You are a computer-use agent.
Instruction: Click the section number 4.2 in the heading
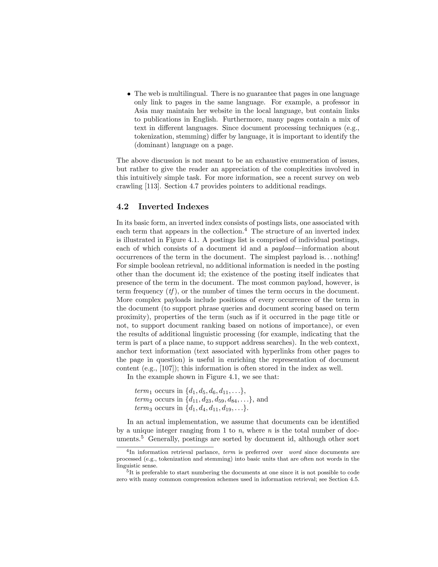click(123, 207)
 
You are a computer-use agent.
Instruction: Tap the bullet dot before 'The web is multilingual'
click(129, 94)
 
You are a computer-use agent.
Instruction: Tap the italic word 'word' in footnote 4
click(295, 452)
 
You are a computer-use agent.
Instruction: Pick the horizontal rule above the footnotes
click(165, 447)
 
